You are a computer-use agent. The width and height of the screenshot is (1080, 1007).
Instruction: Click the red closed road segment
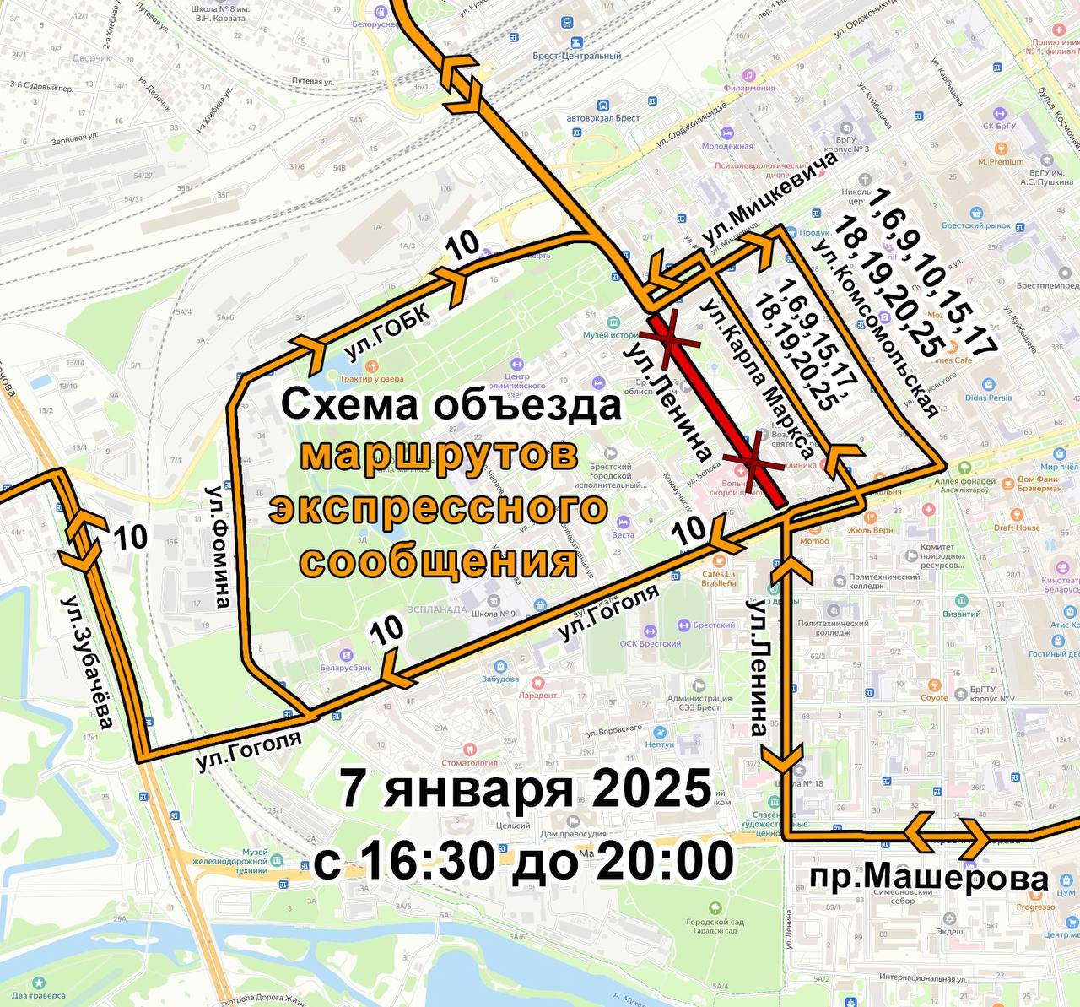point(718,411)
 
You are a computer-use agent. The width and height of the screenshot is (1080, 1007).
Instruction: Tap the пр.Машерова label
point(928,879)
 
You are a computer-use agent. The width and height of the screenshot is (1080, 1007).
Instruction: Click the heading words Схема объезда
point(451,404)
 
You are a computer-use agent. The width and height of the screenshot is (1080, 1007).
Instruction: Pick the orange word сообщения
point(440,560)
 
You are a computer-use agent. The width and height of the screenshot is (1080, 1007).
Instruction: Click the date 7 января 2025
point(525,789)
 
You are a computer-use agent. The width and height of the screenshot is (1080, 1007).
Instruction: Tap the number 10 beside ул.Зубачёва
point(130,537)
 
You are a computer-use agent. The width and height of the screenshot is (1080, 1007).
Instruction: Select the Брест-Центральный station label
point(588,56)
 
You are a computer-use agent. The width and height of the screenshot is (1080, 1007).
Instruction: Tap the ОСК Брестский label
point(650,643)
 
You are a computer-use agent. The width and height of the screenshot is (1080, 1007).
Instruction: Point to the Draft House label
point(1017,528)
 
